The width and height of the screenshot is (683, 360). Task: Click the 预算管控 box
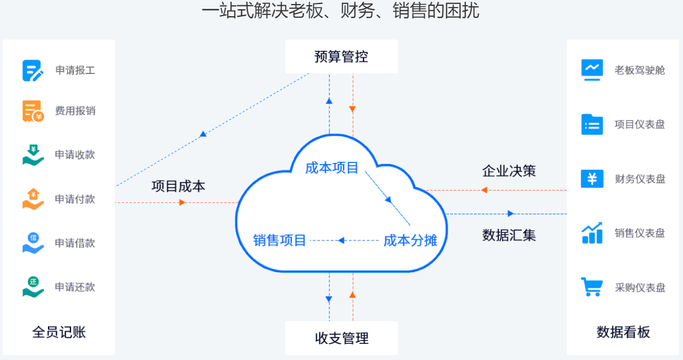tap(341, 57)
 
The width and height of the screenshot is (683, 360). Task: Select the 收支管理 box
tap(341, 338)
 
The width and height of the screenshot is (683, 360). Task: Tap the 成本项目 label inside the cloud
tap(332, 168)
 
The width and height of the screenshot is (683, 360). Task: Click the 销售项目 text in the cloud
tap(280, 240)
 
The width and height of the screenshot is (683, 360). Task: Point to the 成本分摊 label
tap(410, 240)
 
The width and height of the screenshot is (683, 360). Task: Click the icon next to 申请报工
tap(33, 70)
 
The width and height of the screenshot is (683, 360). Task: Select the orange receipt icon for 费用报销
tap(33, 112)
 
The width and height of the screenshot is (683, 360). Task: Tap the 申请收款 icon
tap(33, 155)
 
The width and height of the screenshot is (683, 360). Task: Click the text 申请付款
tap(75, 199)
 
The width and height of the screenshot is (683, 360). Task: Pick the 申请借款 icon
tap(33, 243)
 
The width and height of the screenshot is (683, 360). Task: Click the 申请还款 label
tap(75, 287)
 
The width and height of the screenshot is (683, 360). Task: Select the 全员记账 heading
tap(59, 332)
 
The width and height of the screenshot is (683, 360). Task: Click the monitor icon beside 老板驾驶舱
tap(592, 70)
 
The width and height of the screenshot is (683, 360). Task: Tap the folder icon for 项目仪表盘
tap(592, 124)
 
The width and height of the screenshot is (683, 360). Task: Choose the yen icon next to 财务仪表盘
tap(592, 179)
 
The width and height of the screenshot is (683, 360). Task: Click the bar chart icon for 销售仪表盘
tap(592, 233)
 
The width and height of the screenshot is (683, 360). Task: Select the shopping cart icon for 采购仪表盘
tap(592, 287)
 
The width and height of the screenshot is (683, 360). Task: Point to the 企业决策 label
tap(508, 171)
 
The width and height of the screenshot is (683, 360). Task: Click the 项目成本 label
tap(178, 186)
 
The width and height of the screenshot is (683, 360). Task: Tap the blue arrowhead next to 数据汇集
tap(511, 214)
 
